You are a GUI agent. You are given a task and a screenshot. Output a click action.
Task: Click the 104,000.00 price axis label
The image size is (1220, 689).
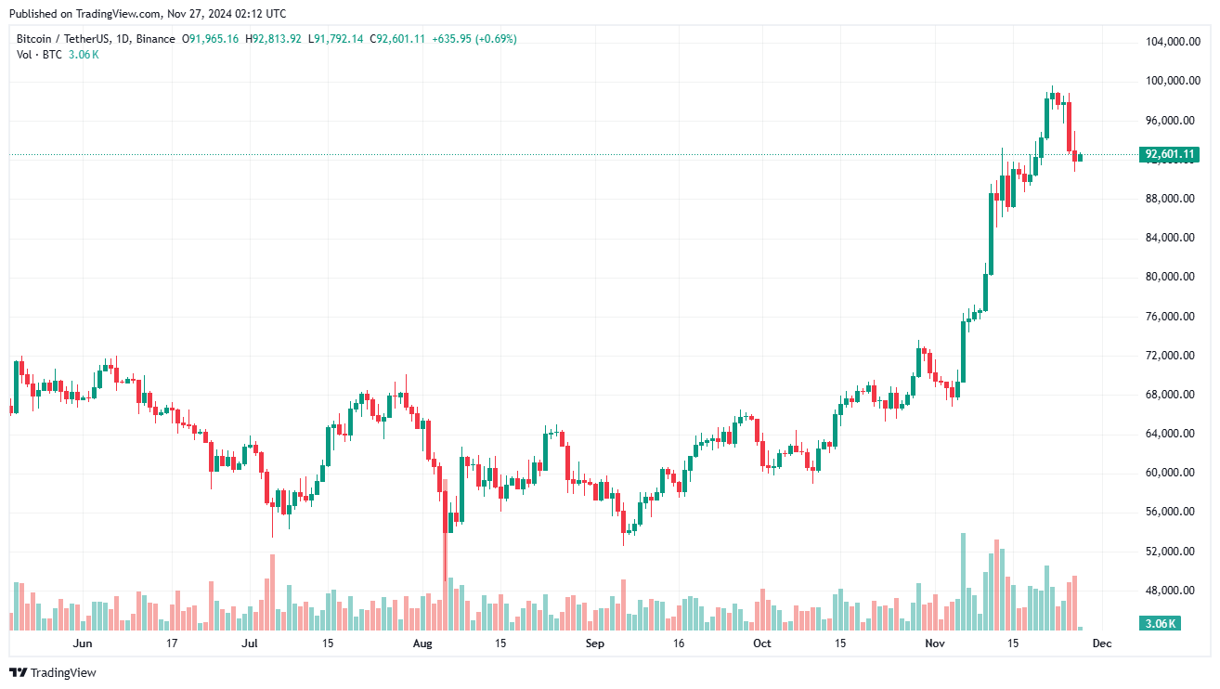(x=1170, y=42)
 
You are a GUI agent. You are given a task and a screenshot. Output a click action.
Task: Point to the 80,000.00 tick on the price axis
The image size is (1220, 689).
(x=1170, y=277)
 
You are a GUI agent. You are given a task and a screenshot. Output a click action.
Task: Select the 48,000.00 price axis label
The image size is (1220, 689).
(x=1170, y=591)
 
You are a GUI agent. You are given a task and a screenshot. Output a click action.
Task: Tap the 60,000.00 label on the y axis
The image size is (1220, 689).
(x=1170, y=473)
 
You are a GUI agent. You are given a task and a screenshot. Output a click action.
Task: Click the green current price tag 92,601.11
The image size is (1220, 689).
(x=1170, y=154)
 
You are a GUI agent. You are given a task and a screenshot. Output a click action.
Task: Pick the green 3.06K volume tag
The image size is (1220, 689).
(x=1161, y=623)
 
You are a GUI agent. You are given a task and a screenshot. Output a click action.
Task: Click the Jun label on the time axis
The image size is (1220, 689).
(x=83, y=643)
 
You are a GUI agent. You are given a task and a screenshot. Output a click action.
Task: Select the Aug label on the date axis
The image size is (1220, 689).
(x=422, y=643)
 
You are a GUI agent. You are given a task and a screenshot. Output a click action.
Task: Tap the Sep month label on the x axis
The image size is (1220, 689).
(x=595, y=643)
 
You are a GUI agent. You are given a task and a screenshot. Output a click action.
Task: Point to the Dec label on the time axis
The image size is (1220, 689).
(x=1101, y=643)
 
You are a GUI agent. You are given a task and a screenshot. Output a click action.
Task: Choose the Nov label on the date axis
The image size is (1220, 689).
(x=935, y=643)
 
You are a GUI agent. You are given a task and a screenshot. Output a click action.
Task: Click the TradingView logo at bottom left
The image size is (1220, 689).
(x=53, y=672)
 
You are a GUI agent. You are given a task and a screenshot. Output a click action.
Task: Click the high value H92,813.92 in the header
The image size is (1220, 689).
(x=273, y=39)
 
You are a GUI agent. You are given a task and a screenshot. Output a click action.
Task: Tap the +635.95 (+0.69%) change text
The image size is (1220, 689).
(x=474, y=39)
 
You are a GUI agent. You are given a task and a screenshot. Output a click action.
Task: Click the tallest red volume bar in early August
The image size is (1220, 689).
(x=445, y=555)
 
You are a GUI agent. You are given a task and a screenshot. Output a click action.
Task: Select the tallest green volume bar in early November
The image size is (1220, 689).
(x=963, y=581)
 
